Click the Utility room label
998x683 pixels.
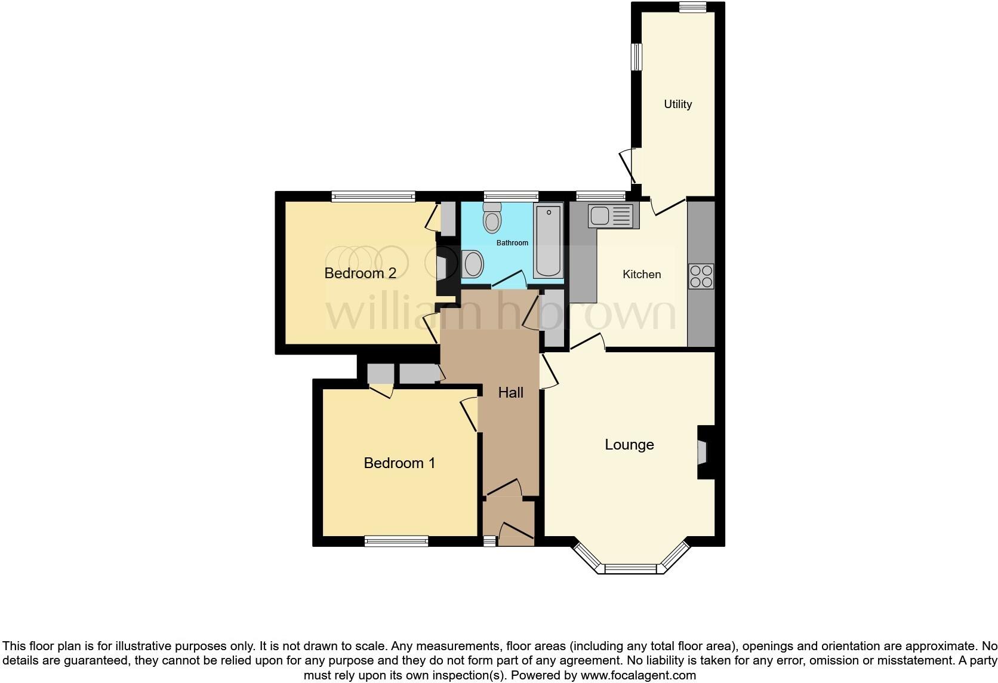tap(677, 104)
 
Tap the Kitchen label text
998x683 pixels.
tap(642, 274)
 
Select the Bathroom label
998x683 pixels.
tap(512, 243)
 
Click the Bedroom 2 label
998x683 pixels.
tap(360, 273)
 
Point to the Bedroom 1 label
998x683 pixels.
tap(399, 463)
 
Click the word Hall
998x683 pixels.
tap(511, 392)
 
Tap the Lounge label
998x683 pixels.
tap(629, 444)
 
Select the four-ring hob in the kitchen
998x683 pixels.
tap(701, 276)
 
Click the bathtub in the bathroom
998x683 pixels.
tap(548, 241)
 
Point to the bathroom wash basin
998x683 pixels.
tap(472, 263)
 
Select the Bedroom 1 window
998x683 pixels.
tap(396, 541)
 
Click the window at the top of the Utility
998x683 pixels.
tap(692, 7)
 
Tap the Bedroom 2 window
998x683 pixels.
tap(373, 196)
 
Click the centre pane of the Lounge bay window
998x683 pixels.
tap(631, 569)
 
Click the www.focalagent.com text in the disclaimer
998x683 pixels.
tap(638, 675)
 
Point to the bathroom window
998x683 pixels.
tap(511, 196)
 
